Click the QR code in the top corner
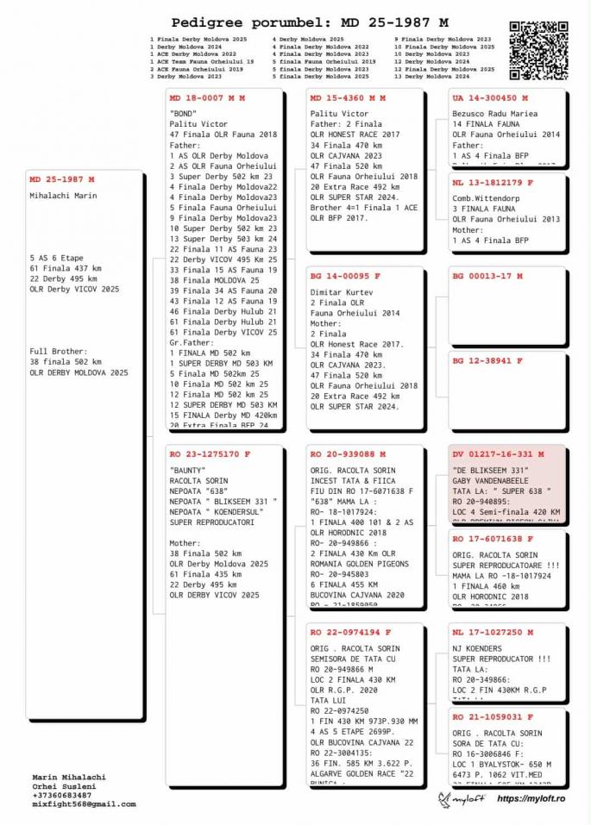pyautogui.click(x=538, y=50)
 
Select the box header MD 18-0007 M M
pyautogui.click(x=207, y=98)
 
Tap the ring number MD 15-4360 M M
pyautogui.click(x=347, y=98)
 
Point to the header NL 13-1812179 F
pyautogui.click(x=493, y=183)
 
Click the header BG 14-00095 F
pyautogui.click(x=345, y=276)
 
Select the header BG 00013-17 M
pyautogui.click(x=487, y=276)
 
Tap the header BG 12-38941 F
pyautogui.click(x=487, y=360)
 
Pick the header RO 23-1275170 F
pyautogui.click(x=211, y=453)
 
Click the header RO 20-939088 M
pyautogui.click(x=348, y=453)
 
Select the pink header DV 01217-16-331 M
pyautogui.click(x=498, y=453)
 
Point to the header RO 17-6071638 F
pyautogui.click(x=493, y=539)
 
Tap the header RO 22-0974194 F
pyautogui.click(x=349, y=632)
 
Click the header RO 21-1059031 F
pyautogui.click(x=493, y=716)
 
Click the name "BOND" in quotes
pyautogui.click(x=183, y=113)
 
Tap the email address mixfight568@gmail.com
pyautogui.click(x=84, y=803)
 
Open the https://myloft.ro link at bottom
pyautogui.click(x=531, y=800)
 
